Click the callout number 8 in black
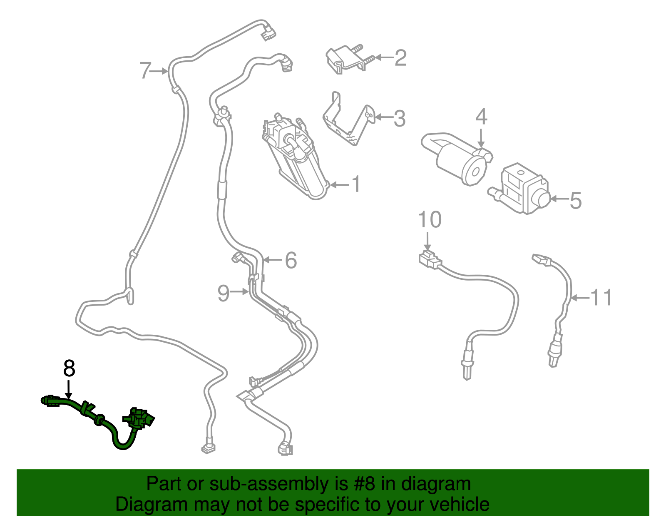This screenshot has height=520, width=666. [69, 368]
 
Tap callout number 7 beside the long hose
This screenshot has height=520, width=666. [146, 71]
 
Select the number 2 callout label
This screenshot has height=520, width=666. [400, 57]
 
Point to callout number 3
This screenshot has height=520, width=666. [400, 119]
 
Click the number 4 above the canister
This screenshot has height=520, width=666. [481, 117]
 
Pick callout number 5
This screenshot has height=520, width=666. [576, 200]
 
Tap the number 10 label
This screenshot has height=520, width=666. [430, 219]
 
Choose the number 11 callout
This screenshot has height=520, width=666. [601, 297]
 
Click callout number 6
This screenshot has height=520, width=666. [291, 261]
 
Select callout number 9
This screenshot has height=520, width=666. [224, 293]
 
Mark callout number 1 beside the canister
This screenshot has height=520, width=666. [356, 184]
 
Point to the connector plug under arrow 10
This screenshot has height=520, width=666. [430, 259]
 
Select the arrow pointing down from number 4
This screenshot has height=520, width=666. [481, 139]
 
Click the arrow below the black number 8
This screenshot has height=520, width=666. [69, 389]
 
